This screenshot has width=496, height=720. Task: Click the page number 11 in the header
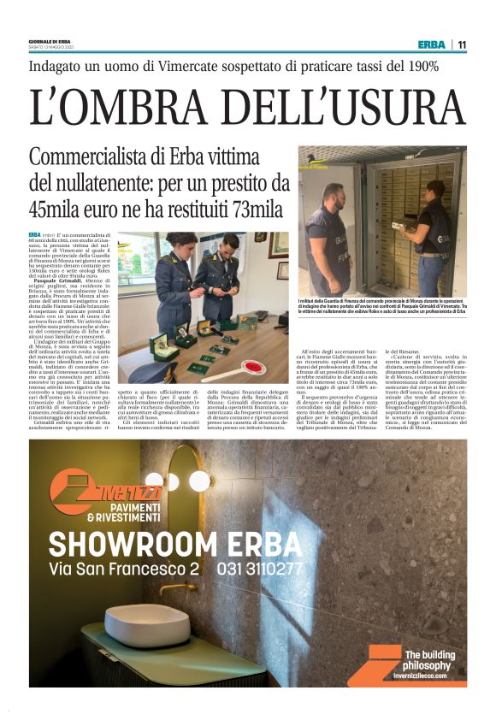(x=462, y=44)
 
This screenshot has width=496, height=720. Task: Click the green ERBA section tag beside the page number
(x=432, y=44)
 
